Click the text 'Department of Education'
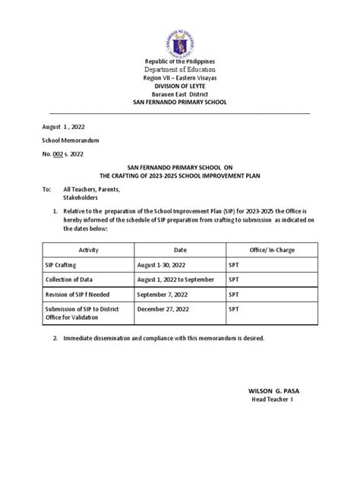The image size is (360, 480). [179, 70]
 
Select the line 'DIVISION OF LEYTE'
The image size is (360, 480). [179, 87]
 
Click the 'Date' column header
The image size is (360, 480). [180, 249]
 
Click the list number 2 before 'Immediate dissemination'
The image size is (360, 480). [54, 338]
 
